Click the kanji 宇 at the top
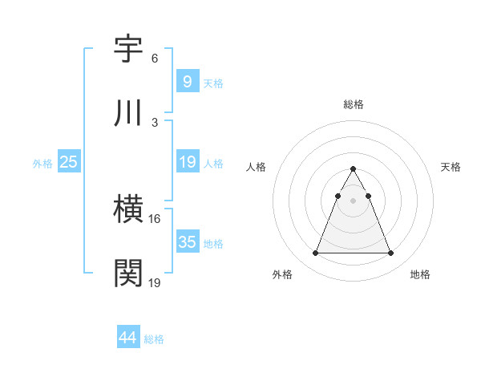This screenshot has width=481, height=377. [x=129, y=50]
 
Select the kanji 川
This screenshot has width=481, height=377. [x=129, y=113]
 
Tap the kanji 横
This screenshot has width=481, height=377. [x=129, y=210]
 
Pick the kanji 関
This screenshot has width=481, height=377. [x=129, y=274]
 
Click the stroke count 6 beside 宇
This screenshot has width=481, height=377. [x=155, y=59]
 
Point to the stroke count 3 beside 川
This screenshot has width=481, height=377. [x=155, y=122]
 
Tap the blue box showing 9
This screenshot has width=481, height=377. [x=187, y=81]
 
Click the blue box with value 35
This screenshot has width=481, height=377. [x=187, y=242]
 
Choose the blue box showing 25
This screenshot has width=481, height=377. [x=68, y=162]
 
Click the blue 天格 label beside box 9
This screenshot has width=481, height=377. [x=213, y=83]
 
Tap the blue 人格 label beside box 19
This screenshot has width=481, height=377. [x=213, y=163]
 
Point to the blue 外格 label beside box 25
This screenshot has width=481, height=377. [x=42, y=163]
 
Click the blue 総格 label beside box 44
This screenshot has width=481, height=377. [x=154, y=339]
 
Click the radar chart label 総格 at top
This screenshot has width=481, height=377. [x=354, y=104]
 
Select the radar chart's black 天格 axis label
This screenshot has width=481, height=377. [x=451, y=167]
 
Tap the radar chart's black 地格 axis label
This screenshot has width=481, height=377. [x=420, y=274]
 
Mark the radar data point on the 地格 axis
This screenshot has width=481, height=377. [x=391, y=253]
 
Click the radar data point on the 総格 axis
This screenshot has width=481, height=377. [x=354, y=168]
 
